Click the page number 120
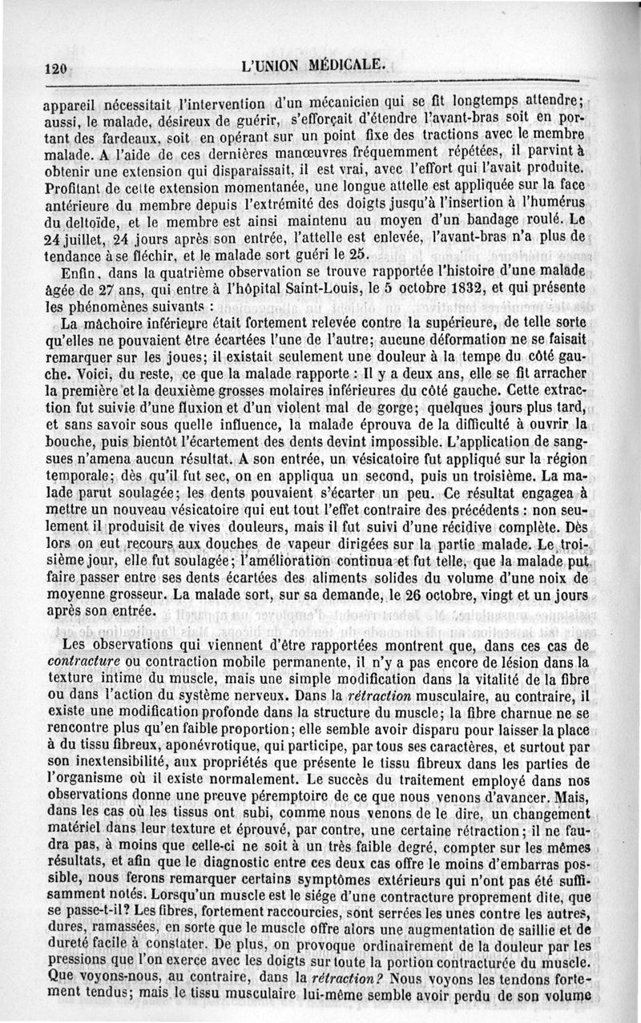tap(54, 69)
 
